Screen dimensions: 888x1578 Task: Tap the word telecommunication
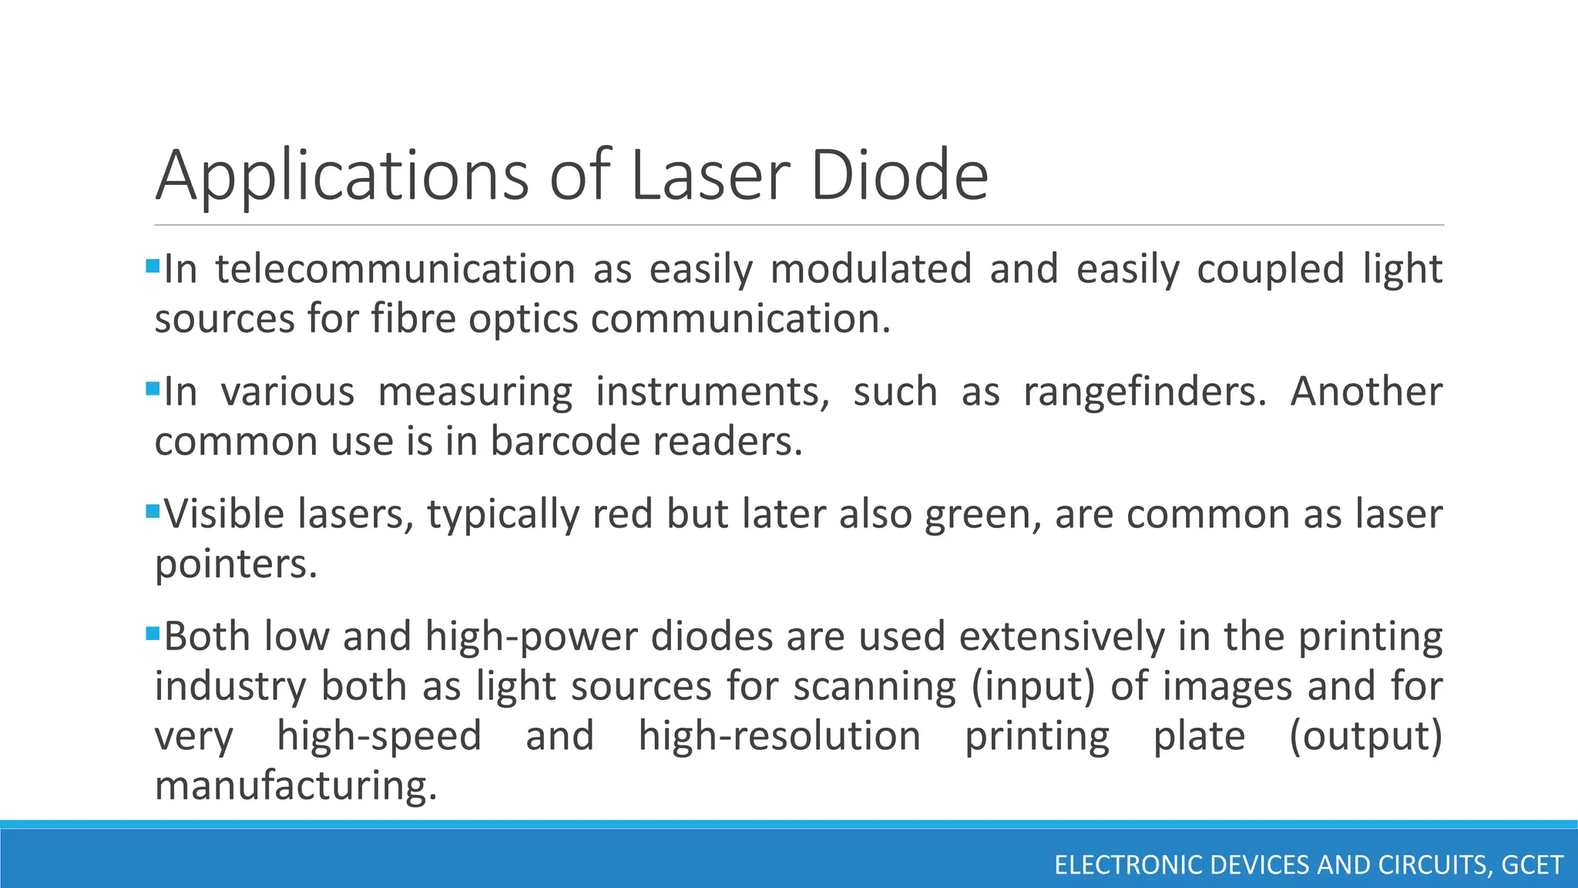click(395, 269)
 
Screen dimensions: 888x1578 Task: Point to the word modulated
click(871, 269)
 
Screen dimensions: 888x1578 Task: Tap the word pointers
click(236, 563)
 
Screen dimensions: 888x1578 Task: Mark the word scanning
click(875, 686)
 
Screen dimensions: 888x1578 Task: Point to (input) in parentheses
click(1032, 686)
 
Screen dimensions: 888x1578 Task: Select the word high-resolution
click(779, 735)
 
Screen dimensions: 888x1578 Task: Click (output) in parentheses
click(1365, 735)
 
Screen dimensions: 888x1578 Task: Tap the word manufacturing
click(296, 785)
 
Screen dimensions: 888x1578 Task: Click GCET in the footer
click(1533, 865)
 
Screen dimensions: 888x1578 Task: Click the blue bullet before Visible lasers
click(152, 510)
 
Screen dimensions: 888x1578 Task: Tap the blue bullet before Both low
click(152, 633)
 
